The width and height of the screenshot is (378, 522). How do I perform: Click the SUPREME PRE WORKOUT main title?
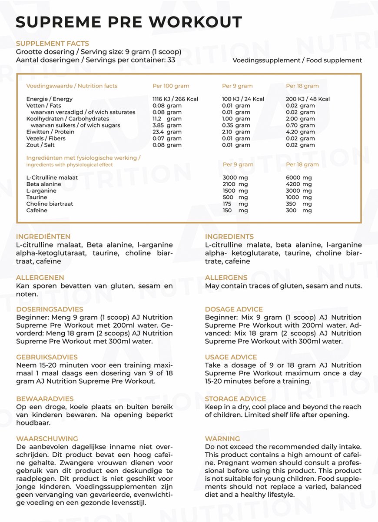pos(129,22)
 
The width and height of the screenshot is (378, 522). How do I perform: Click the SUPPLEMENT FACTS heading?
pos(52,43)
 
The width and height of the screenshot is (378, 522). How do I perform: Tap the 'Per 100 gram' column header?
pos(171,86)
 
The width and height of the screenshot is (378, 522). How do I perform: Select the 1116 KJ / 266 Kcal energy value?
pos(175,99)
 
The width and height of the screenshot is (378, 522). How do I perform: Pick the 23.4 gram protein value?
pos(167,132)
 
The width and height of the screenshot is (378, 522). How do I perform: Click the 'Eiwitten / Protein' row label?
pos(50,132)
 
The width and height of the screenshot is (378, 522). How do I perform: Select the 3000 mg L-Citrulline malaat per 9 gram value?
pos(235,177)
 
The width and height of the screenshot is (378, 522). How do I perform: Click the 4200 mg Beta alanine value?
pos(299,184)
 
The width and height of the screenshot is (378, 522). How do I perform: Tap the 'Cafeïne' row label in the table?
pos(37,211)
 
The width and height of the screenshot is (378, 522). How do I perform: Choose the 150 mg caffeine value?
pos(235,211)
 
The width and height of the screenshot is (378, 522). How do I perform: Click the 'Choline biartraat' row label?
pos(50,204)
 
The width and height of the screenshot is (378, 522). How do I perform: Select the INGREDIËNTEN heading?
pos(43,237)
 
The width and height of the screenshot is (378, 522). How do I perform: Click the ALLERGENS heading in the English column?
pos(226,278)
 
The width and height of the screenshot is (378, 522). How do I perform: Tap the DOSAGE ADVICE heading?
pos(234,309)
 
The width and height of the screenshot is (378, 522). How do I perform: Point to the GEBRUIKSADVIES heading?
pos(46,357)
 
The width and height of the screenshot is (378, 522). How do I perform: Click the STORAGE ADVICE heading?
pos(235,399)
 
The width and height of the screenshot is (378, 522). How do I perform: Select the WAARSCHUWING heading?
pos(47,438)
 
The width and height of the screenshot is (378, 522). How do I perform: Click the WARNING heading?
pos(222,438)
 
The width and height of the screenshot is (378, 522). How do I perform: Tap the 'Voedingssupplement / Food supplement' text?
pos(297,60)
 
